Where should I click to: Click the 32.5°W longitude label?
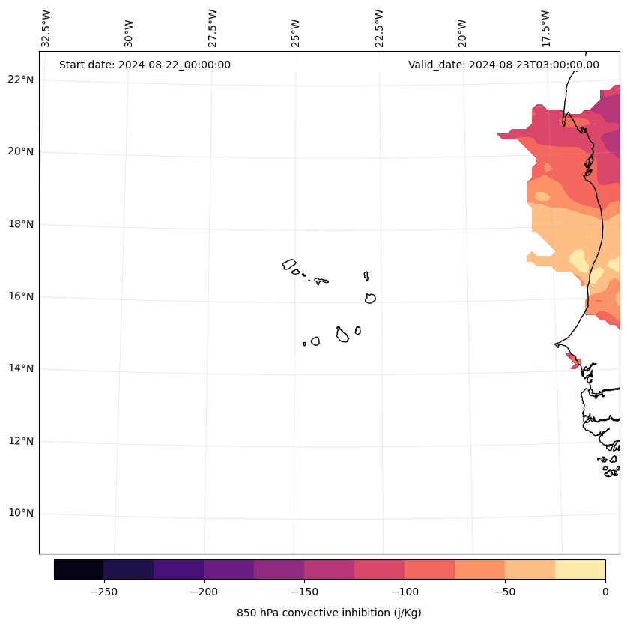[46, 28]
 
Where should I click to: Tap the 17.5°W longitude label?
[545, 28]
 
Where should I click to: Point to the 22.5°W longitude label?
[379, 28]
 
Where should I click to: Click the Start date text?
[145, 64]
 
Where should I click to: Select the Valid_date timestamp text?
[503, 64]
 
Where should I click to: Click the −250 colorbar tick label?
[103, 592]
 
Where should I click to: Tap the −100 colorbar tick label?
[405, 592]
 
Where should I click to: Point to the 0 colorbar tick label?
[605, 592]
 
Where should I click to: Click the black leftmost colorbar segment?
[79, 569]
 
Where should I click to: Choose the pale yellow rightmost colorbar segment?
[580, 569]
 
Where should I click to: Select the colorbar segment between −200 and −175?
[228, 569]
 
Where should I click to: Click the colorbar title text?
[329, 613]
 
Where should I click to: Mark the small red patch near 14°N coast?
[574, 361]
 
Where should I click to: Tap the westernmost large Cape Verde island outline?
[289, 264]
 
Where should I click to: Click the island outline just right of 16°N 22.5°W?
[370, 298]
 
